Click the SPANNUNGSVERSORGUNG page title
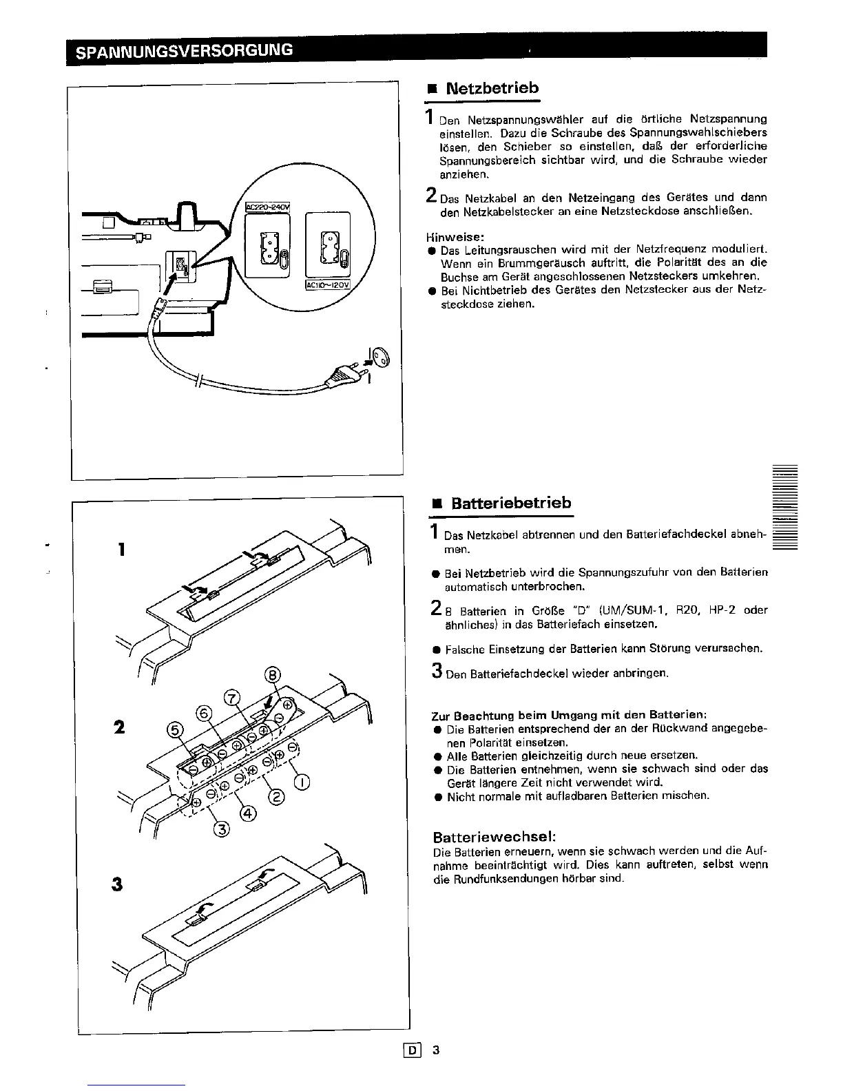click(184, 50)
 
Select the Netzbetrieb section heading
click(492, 88)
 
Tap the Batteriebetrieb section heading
click(511, 503)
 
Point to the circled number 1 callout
click(302, 781)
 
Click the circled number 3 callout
click(220, 828)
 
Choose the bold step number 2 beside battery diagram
click(120, 727)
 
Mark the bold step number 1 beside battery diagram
click(121, 549)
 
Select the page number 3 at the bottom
click(435, 1050)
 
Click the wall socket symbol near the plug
click(381, 357)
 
